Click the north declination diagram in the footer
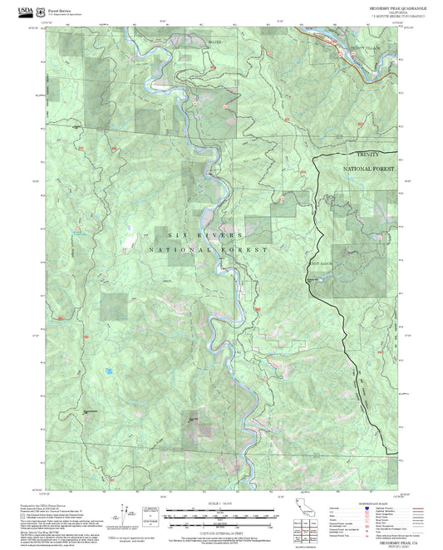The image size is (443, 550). click(x=124, y=513)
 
